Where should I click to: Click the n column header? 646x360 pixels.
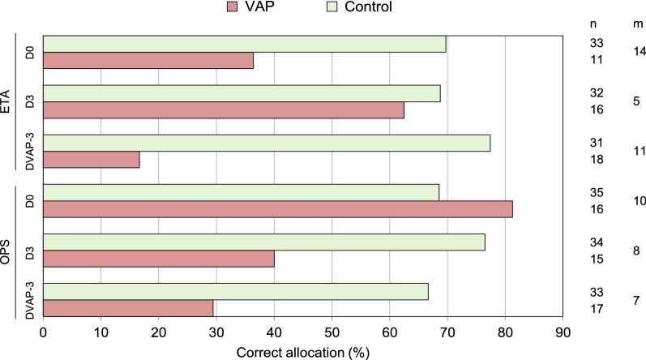tap(593, 24)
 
